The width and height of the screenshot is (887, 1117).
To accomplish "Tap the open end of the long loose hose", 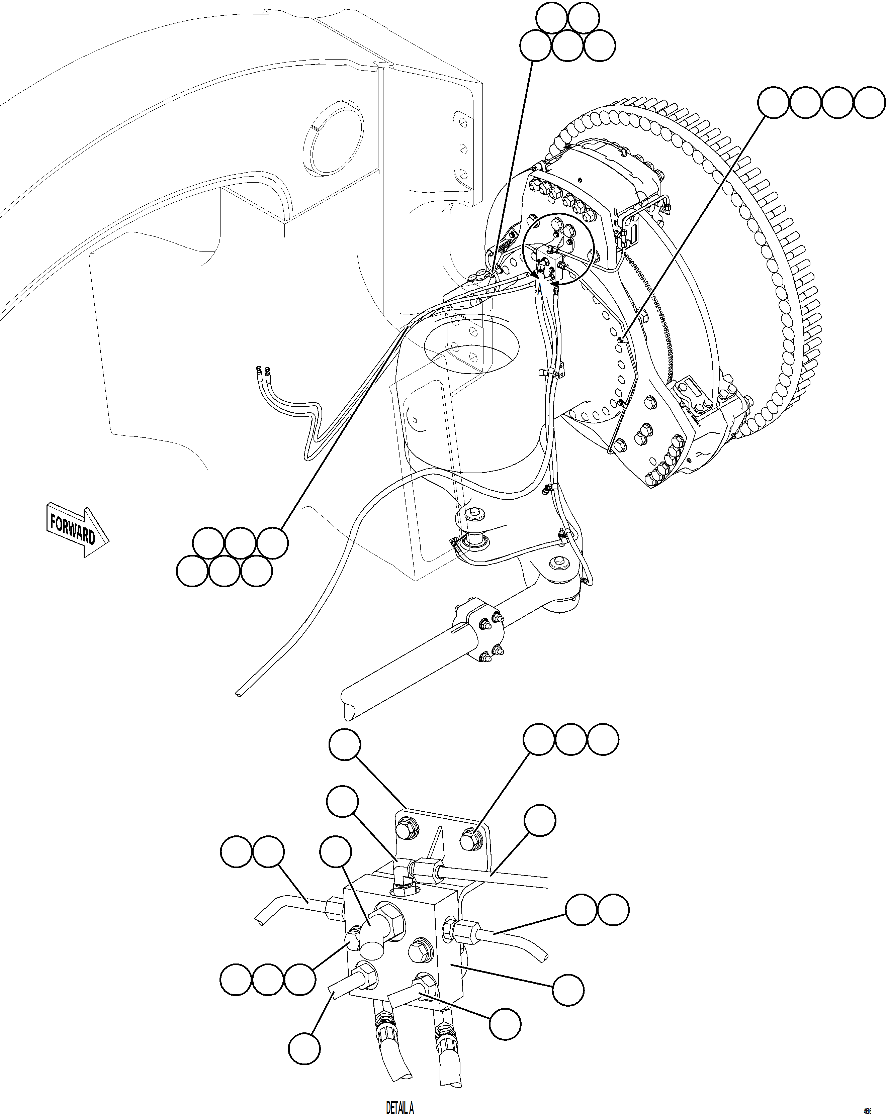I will tap(238, 695).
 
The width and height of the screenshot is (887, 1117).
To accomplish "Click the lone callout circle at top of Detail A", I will tap(345, 744).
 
